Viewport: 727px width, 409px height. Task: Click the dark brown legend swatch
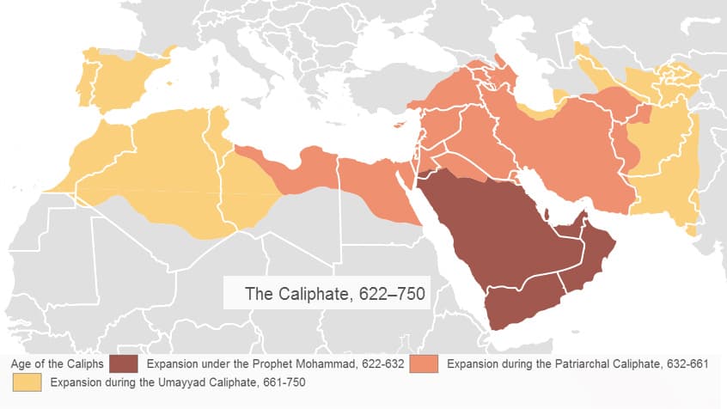pyautogui.click(x=124, y=364)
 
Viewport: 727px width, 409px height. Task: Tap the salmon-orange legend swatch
pyautogui.click(x=425, y=364)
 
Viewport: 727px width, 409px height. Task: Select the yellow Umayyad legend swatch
pyautogui.click(x=27, y=382)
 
